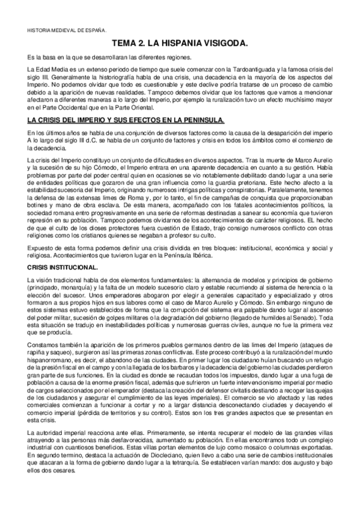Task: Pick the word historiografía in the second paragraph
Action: (x=116, y=78)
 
